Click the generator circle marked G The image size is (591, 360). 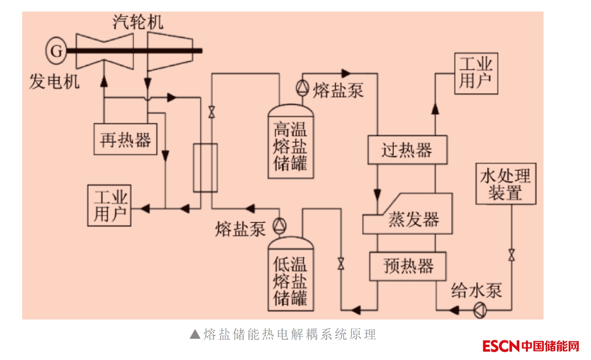point(56,50)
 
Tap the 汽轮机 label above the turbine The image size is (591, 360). point(138,22)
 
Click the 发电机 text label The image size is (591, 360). point(54,81)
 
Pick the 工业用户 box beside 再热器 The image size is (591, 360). point(110,206)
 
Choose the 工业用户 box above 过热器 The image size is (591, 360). point(476,73)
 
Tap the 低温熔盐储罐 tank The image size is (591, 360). point(290,275)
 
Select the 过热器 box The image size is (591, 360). point(407,150)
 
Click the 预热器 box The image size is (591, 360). point(407,266)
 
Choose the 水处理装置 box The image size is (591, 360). point(505,183)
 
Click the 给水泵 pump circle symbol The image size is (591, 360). point(480,310)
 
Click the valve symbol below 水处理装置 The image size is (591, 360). point(511,255)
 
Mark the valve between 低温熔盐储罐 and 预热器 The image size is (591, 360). point(341,263)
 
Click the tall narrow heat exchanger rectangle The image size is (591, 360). point(205,168)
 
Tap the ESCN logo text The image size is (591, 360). point(501,346)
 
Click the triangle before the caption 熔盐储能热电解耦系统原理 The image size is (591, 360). point(195,334)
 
